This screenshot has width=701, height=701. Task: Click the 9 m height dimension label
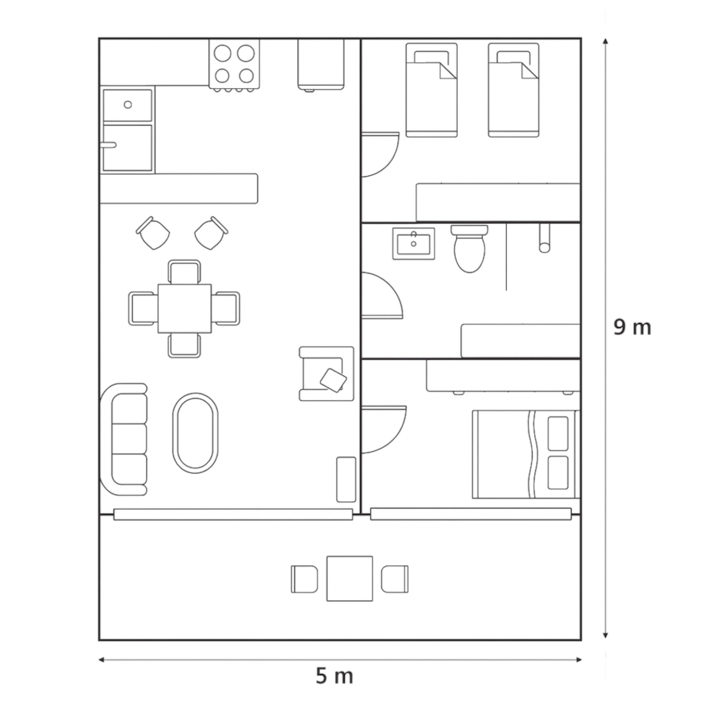click(632, 328)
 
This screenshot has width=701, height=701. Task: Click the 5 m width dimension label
click(334, 676)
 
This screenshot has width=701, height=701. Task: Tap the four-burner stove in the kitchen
click(235, 65)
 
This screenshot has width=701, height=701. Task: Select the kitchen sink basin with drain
click(127, 105)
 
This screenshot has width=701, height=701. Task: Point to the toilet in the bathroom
click(469, 249)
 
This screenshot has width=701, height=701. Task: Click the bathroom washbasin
click(414, 243)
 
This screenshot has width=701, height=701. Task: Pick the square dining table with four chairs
click(184, 309)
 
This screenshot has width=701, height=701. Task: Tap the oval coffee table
click(195, 433)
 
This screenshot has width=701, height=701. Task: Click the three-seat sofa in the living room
click(124, 439)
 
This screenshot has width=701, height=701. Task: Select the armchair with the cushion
click(326, 373)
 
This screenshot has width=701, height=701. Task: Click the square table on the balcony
click(350, 578)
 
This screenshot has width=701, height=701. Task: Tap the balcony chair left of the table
click(305, 580)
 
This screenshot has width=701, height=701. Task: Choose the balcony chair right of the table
click(395, 580)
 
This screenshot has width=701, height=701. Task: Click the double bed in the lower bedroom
click(526, 454)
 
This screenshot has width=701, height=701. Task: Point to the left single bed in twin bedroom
click(431, 90)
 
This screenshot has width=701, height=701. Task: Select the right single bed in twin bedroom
click(514, 90)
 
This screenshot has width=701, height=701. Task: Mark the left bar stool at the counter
click(153, 233)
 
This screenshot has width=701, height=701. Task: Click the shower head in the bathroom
click(545, 239)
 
